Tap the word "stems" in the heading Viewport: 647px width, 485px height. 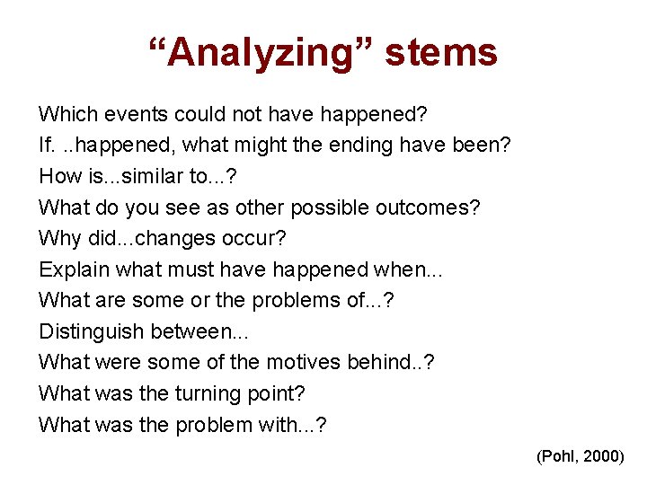441,53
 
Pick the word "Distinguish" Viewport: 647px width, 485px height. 91,331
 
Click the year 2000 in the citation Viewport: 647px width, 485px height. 600,456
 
